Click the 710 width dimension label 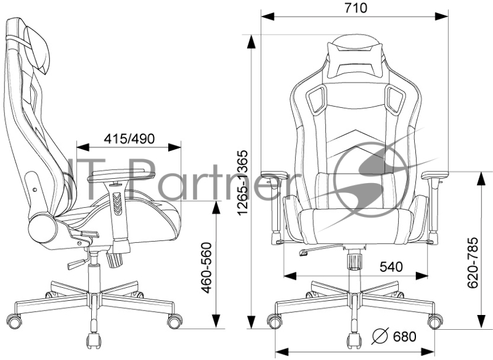click(x=356, y=8)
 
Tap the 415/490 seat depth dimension click(x=129, y=139)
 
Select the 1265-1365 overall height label click(x=243, y=183)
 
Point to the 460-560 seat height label click(x=206, y=268)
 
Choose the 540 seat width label click(x=391, y=267)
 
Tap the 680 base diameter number click(x=404, y=337)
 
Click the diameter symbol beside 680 click(x=380, y=336)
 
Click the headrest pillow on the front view click(x=355, y=60)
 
